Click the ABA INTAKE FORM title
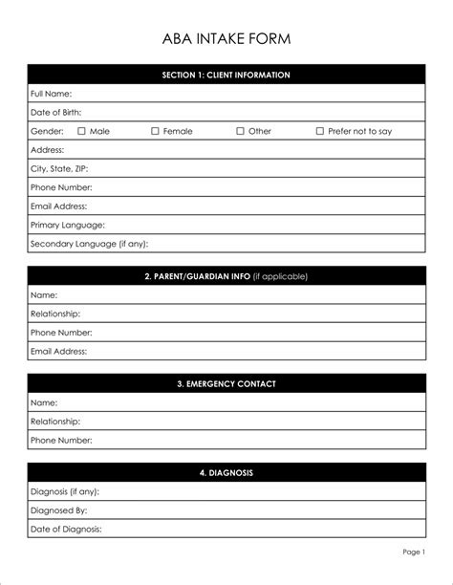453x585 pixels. [226, 39]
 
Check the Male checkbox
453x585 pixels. [81, 131]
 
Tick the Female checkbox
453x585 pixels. [155, 131]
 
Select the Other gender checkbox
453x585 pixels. [240, 131]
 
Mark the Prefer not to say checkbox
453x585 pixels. [319, 131]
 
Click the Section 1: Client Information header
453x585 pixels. [226, 75]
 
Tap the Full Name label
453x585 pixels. [51, 94]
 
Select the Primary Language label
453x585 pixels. [67, 225]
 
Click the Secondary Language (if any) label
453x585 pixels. [89, 244]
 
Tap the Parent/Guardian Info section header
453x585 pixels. [226, 276]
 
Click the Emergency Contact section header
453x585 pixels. [226, 384]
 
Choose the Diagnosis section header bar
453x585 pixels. [226, 473]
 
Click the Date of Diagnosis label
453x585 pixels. [66, 529]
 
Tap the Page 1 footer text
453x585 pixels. [413, 552]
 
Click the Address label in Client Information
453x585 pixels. [47, 150]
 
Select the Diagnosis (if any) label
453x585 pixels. [64, 491]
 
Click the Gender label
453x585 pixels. [47, 131]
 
